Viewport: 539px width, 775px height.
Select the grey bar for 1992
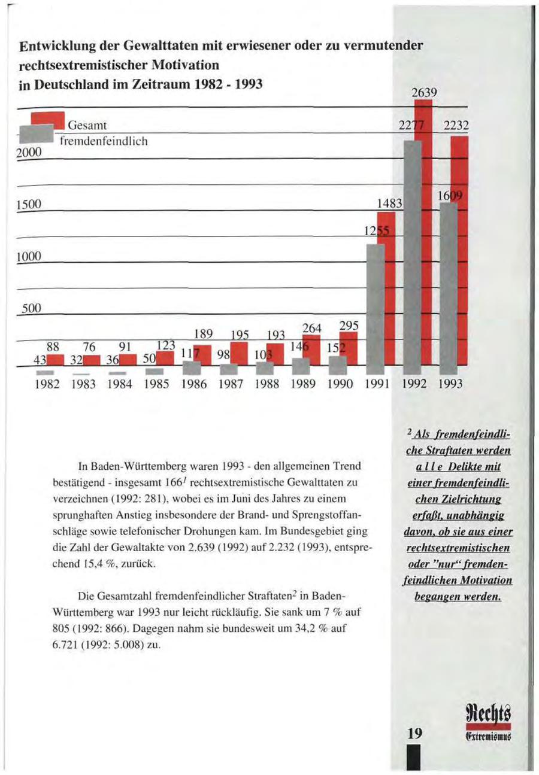coord(413,257)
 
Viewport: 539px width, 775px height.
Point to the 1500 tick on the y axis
coord(29,205)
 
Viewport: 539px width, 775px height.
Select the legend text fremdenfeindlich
coord(102,141)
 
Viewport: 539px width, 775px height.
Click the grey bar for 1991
coord(375,311)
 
